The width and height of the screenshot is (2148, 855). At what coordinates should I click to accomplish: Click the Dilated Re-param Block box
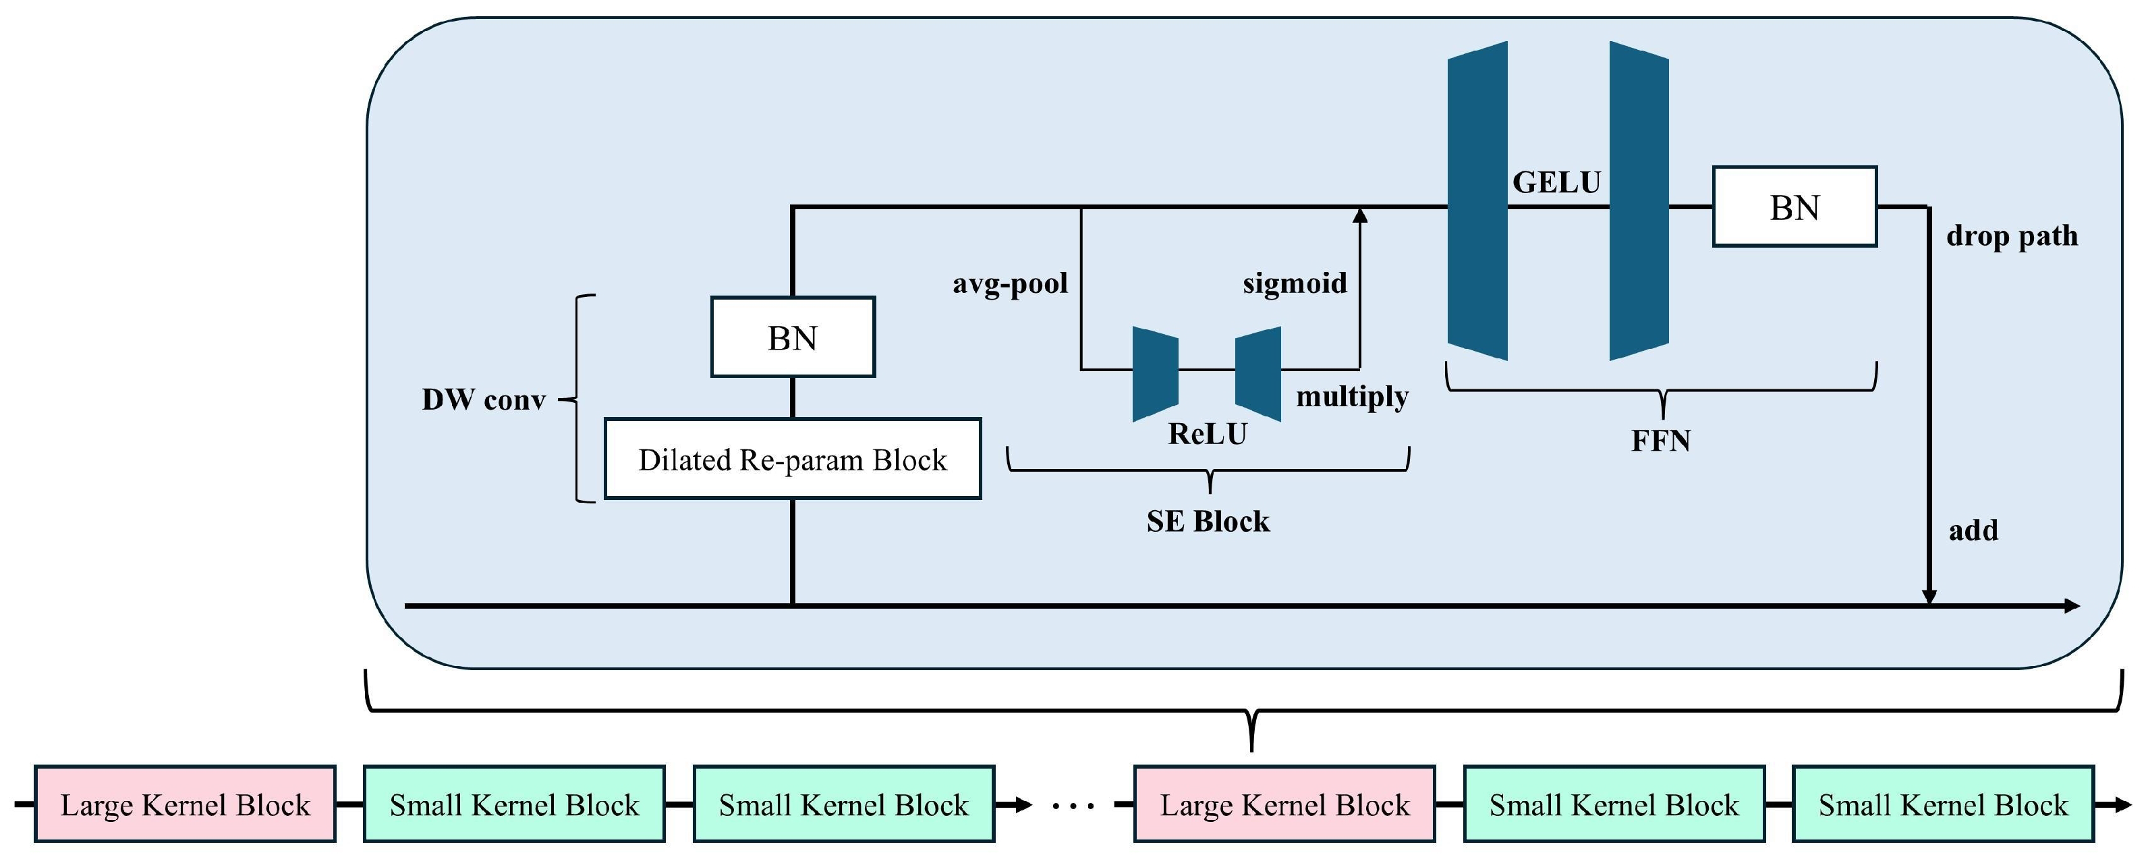coord(792,460)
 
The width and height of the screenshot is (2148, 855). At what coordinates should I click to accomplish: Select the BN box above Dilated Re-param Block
coord(792,337)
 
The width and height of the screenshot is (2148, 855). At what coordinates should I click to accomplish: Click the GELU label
coord(1556,182)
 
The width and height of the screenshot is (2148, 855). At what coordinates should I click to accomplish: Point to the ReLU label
coord(1208,434)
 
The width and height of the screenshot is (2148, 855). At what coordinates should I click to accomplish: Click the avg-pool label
coord(1010,283)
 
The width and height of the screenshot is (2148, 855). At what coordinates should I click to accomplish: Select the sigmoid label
coord(1294,283)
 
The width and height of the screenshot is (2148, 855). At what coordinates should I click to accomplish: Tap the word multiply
coord(1352,396)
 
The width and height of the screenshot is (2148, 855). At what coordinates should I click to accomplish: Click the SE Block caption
coord(1208,522)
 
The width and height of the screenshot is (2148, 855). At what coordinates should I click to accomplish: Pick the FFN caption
coord(1660,441)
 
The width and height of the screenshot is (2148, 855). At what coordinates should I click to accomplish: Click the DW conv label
coord(484,399)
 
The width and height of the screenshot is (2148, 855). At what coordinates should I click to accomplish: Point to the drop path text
coord(2011,236)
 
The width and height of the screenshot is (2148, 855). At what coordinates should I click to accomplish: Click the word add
coord(1973,530)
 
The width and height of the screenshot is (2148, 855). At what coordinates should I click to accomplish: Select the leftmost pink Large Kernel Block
coord(185,804)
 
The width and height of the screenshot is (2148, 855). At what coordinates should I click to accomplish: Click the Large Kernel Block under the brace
coord(1284,804)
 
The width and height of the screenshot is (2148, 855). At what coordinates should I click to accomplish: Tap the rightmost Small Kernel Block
coord(1943,804)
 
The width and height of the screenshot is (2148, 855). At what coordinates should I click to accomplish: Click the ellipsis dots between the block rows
coord(1073,806)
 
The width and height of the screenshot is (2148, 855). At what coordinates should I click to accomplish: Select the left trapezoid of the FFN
coord(1477,200)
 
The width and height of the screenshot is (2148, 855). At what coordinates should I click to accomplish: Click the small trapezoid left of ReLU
coord(1155,373)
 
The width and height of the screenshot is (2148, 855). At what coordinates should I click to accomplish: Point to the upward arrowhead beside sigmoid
coord(1360,215)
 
